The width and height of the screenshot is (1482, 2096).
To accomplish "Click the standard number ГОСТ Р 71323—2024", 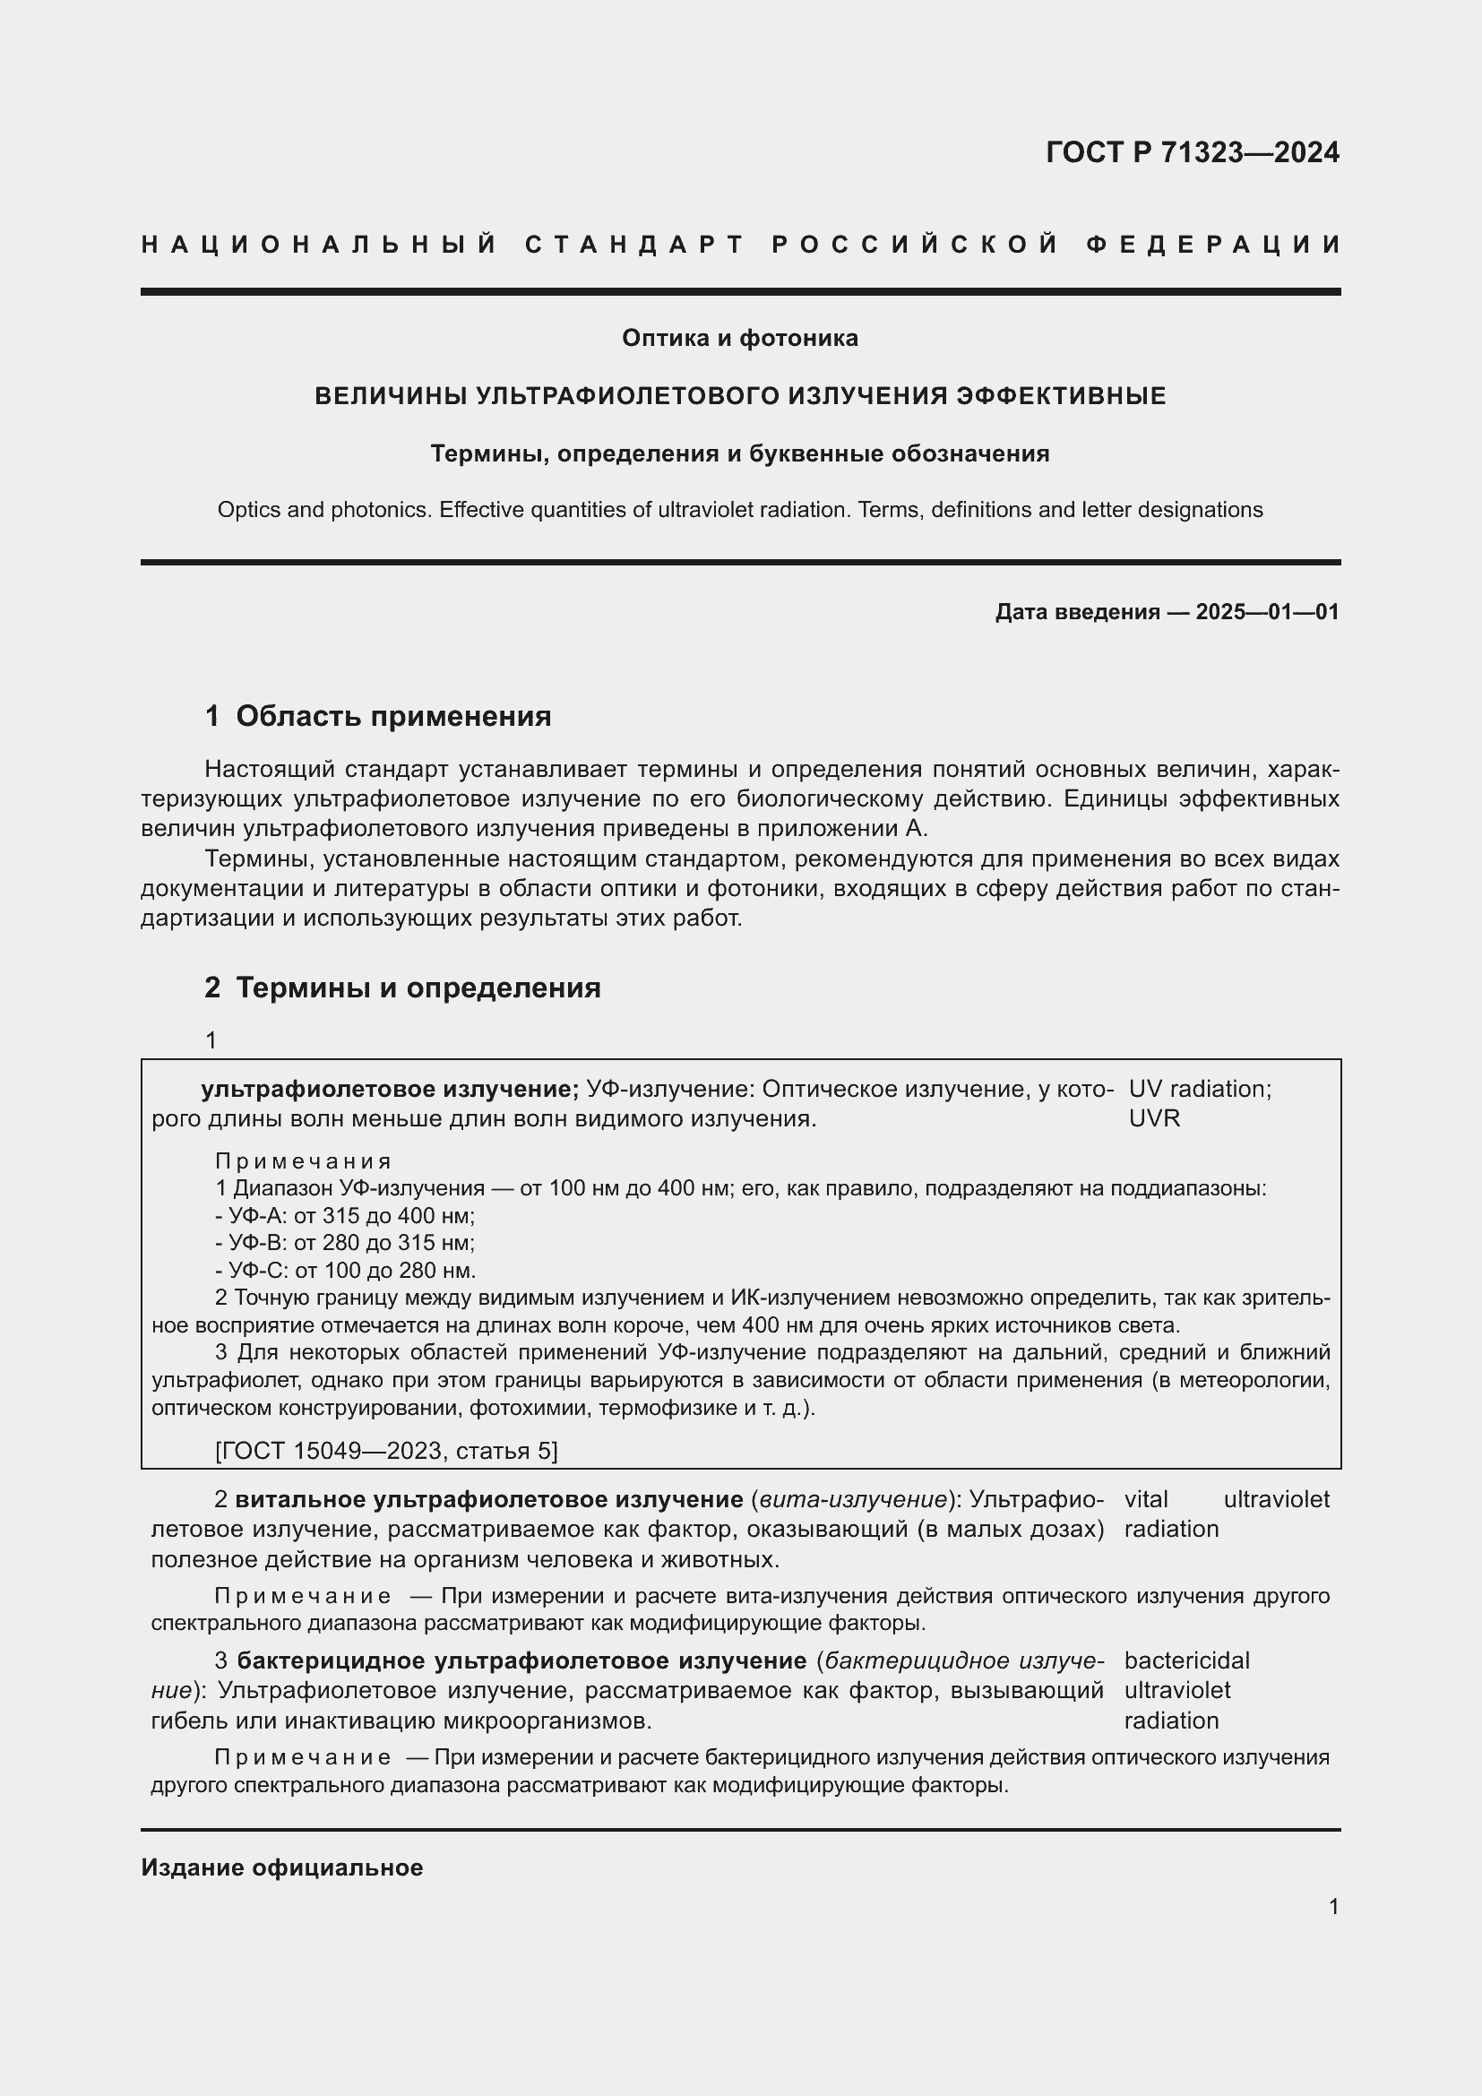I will [x=1192, y=151].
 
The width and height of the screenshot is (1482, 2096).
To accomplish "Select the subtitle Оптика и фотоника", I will [x=740, y=338].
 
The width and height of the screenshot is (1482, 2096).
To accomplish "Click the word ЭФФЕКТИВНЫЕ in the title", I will [x=1060, y=395].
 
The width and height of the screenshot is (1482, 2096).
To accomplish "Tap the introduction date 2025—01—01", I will [x=1267, y=612].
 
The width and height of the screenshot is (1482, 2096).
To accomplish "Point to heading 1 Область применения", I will [x=378, y=716].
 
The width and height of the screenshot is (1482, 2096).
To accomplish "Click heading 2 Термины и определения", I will [x=402, y=987].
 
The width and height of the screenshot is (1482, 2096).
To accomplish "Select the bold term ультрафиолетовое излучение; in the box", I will [x=390, y=1088].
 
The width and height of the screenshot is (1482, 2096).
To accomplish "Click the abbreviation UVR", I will [x=1153, y=1117].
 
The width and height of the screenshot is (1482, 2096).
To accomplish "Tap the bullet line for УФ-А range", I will [x=345, y=1215].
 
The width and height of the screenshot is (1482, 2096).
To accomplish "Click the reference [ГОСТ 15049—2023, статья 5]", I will [x=386, y=1451].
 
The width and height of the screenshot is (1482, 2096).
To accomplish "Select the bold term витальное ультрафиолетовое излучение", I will [x=489, y=1499].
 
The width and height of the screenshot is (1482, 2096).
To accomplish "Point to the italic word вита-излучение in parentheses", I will [x=853, y=1499].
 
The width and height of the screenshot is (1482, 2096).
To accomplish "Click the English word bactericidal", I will [x=1186, y=1660].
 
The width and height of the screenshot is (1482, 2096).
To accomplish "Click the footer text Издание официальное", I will [x=282, y=1867].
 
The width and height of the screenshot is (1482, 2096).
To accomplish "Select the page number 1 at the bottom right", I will [x=1333, y=1906].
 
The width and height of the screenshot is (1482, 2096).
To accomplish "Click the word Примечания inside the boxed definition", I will [x=303, y=1161].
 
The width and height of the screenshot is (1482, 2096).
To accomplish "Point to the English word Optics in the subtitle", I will [x=247, y=509].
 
